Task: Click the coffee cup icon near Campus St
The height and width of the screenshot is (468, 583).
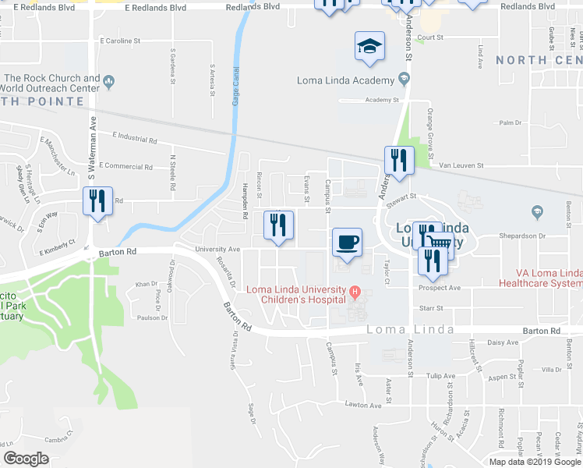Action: (348, 240)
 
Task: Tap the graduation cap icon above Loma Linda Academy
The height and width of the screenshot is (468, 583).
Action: (369, 45)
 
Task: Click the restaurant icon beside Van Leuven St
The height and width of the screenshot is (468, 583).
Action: (399, 161)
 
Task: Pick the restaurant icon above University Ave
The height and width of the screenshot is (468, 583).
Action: (278, 225)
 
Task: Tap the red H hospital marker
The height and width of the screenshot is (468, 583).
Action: (355, 292)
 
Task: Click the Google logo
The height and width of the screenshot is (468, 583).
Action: (26, 459)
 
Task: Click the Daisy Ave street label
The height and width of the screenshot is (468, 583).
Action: (502, 342)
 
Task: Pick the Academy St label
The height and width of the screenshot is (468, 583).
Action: (382, 100)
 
